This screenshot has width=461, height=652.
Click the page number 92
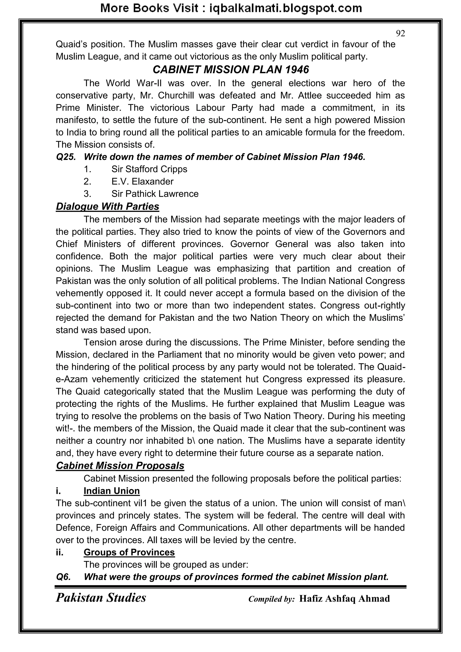[400, 34]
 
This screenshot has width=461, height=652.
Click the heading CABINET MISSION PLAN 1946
[230, 70]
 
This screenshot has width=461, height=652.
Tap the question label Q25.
[66, 157]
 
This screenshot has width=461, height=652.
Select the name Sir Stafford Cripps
[149, 169]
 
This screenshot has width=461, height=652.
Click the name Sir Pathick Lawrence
[155, 194]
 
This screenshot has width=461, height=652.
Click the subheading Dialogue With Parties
[107, 207]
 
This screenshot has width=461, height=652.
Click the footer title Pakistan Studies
[101, 597]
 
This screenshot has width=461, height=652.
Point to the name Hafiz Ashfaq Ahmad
[344, 598]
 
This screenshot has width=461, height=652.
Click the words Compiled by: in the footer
[271, 599]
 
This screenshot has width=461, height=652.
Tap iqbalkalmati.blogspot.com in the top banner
[285, 8]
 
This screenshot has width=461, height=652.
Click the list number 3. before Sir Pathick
[87, 194]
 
